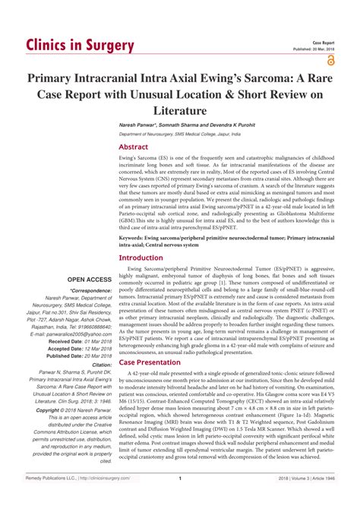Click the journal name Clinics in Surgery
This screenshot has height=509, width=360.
point(80,45)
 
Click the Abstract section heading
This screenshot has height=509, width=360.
point(133,147)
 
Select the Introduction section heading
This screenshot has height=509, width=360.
point(141,258)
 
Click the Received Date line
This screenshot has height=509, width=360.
point(79,342)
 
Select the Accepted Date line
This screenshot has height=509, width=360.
point(79,349)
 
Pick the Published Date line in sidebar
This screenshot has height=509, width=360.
point(79,356)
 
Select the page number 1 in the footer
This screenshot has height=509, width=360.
point(179,500)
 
